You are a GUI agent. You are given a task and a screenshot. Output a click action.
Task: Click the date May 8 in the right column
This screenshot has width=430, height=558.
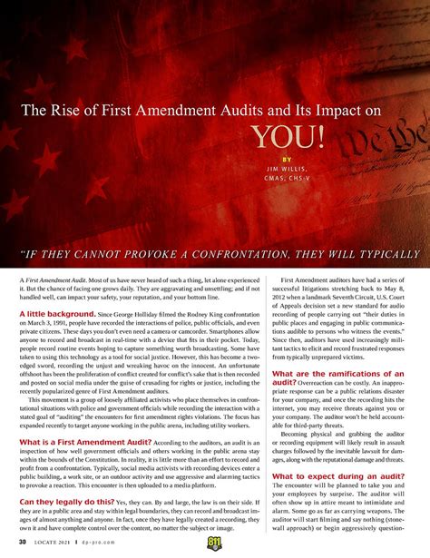[x=404, y=269]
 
